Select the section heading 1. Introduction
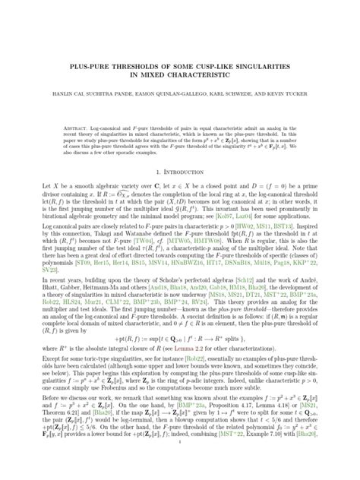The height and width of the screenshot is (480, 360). point(179,172)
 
